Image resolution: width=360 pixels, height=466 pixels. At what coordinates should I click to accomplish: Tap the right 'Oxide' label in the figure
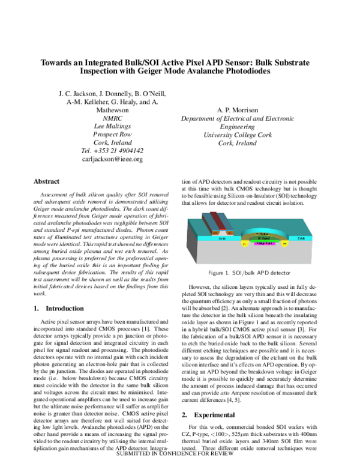point(318,238)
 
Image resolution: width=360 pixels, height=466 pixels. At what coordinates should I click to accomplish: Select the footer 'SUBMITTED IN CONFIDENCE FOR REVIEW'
point(180,462)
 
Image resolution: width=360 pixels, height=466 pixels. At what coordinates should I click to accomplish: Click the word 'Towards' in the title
point(58,62)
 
